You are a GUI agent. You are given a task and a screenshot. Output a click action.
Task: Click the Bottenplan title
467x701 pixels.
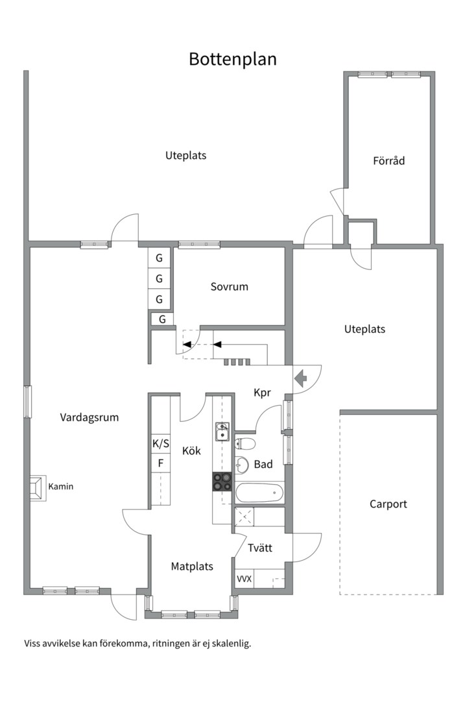232,59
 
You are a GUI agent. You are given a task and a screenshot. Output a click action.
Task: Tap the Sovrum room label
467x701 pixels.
229,287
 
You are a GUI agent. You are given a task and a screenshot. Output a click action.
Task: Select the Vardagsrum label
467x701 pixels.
90,417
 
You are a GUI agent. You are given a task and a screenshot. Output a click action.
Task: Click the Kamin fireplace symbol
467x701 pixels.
38,488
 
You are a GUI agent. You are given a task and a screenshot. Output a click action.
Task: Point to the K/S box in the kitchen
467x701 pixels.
161,443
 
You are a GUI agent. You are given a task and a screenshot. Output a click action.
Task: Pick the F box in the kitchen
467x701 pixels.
161,463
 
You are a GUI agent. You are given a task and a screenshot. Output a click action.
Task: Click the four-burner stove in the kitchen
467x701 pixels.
222,482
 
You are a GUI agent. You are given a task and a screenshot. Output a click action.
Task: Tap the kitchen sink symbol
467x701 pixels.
222,432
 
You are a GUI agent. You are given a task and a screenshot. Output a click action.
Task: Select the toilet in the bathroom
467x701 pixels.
245,444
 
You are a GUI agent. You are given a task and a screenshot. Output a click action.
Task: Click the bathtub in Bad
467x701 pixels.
259,493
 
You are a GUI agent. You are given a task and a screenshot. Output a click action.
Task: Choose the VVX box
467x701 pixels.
244,579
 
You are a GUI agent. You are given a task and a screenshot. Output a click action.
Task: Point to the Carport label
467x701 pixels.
388,504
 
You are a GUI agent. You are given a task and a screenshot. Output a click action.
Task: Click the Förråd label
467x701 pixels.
389,160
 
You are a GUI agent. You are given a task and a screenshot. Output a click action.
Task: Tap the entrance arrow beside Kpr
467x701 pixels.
301,378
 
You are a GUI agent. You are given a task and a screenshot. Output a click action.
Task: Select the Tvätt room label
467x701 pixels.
259,548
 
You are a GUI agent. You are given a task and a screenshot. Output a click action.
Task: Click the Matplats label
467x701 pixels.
192,567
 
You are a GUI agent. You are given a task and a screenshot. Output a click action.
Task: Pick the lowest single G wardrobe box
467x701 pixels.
162,319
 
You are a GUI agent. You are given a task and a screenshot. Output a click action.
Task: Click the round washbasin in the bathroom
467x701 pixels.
242,465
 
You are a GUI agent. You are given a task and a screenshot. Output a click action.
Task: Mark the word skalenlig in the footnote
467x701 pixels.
232,644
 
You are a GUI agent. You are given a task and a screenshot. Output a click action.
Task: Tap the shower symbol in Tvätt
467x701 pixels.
244,517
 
